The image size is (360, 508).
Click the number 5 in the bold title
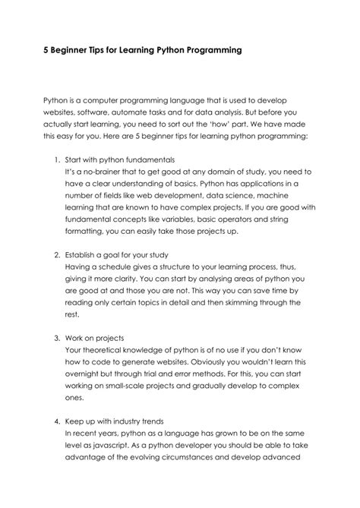[46, 51]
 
